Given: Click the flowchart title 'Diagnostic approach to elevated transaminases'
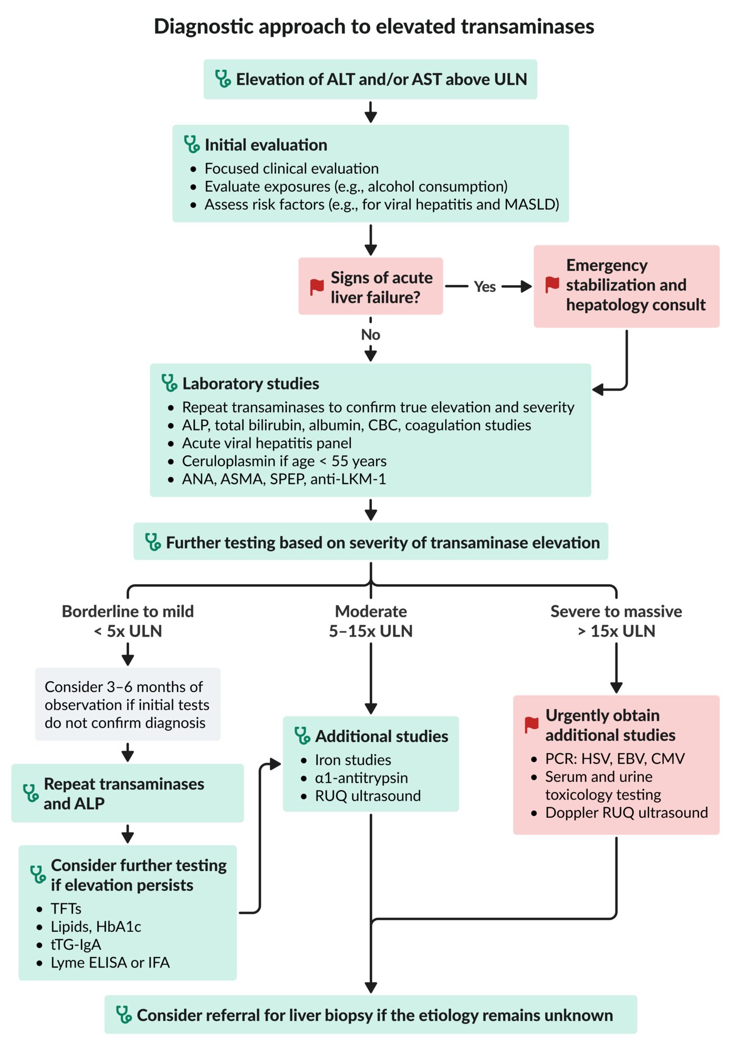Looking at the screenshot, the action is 374,26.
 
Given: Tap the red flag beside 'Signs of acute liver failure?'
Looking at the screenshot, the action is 317,287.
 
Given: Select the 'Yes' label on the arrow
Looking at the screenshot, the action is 485,287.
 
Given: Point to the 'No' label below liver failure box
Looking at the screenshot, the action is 371,334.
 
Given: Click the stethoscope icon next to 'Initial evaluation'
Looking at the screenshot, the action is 192,144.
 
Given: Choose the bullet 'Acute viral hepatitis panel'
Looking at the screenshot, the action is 267,443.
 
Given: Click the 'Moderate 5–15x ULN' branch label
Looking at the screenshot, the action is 371,621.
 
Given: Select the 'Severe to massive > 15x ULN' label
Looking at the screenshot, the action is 616,621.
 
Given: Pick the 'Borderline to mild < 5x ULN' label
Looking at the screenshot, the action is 128,621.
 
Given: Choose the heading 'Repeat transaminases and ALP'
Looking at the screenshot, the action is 124,793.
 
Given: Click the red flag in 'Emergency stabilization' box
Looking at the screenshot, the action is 552,285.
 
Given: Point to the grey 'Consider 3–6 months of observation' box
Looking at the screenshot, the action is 128,704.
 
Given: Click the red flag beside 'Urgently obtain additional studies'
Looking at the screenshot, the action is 531,725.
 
